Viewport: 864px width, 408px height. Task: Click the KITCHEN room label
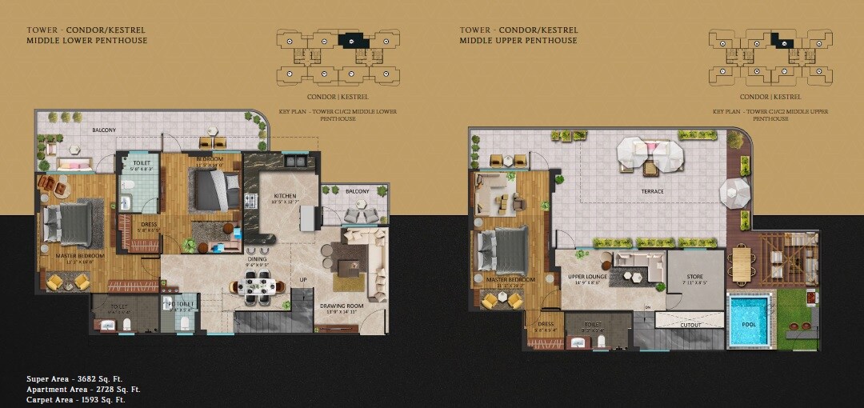click(285, 196)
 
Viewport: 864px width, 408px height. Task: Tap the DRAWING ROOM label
click(342, 306)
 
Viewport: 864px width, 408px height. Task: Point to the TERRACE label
click(652, 191)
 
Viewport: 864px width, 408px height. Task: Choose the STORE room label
click(694, 277)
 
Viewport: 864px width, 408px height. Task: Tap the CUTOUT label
click(690, 325)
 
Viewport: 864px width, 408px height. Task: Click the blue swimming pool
click(750, 322)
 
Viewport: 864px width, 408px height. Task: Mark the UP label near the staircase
click(302, 279)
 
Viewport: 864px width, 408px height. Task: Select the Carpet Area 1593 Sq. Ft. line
click(75, 398)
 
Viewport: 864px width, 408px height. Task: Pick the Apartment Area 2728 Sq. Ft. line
click(83, 389)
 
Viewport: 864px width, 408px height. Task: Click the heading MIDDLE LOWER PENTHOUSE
click(86, 40)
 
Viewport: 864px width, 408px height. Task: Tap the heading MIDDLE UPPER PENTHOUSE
click(518, 40)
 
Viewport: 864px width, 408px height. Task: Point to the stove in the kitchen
click(250, 202)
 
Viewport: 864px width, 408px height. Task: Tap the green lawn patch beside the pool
click(798, 316)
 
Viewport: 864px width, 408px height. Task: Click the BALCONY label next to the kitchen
click(358, 191)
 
